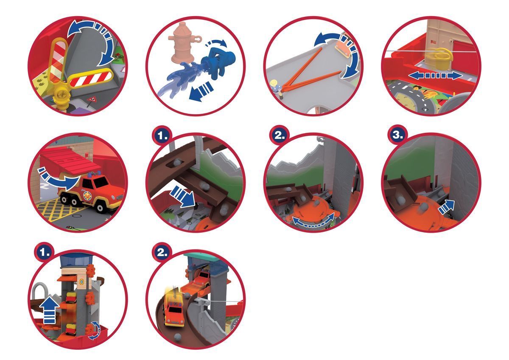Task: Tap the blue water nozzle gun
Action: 218,62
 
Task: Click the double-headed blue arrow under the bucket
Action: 435,76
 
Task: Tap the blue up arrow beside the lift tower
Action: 49,310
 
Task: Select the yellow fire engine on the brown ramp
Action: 174,309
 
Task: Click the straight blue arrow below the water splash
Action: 201,91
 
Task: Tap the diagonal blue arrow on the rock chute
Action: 182,196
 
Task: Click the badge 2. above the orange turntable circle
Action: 280,135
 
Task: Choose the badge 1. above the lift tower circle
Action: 45,252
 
